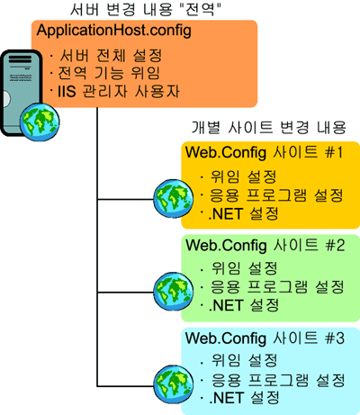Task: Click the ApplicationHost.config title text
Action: coord(114,31)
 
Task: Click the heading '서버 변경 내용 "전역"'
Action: coord(146,9)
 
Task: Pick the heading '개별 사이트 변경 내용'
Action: coord(269,127)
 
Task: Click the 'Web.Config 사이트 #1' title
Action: coord(264,152)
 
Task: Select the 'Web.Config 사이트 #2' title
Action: coord(265,245)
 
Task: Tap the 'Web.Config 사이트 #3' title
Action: coord(265,338)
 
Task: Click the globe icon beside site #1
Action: coord(174,198)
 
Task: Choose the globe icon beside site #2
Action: coord(174,292)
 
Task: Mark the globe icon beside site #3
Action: coord(174,384)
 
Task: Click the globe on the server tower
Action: coord(40,122)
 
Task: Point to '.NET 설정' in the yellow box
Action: coord(243,213)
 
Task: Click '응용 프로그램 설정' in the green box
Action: coord(277,286)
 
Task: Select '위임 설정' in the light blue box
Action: coord(244,360)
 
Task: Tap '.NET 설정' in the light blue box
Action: coord(244,398)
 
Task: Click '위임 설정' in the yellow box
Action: coord(243,176)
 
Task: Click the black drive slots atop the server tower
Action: coord(20,59)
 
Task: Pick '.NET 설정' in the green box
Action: coord(244,305)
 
